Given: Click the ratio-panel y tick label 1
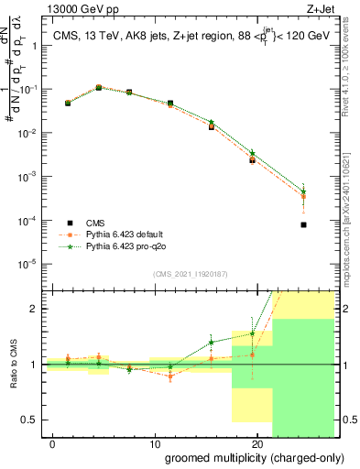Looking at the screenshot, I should tap(36, 365).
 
